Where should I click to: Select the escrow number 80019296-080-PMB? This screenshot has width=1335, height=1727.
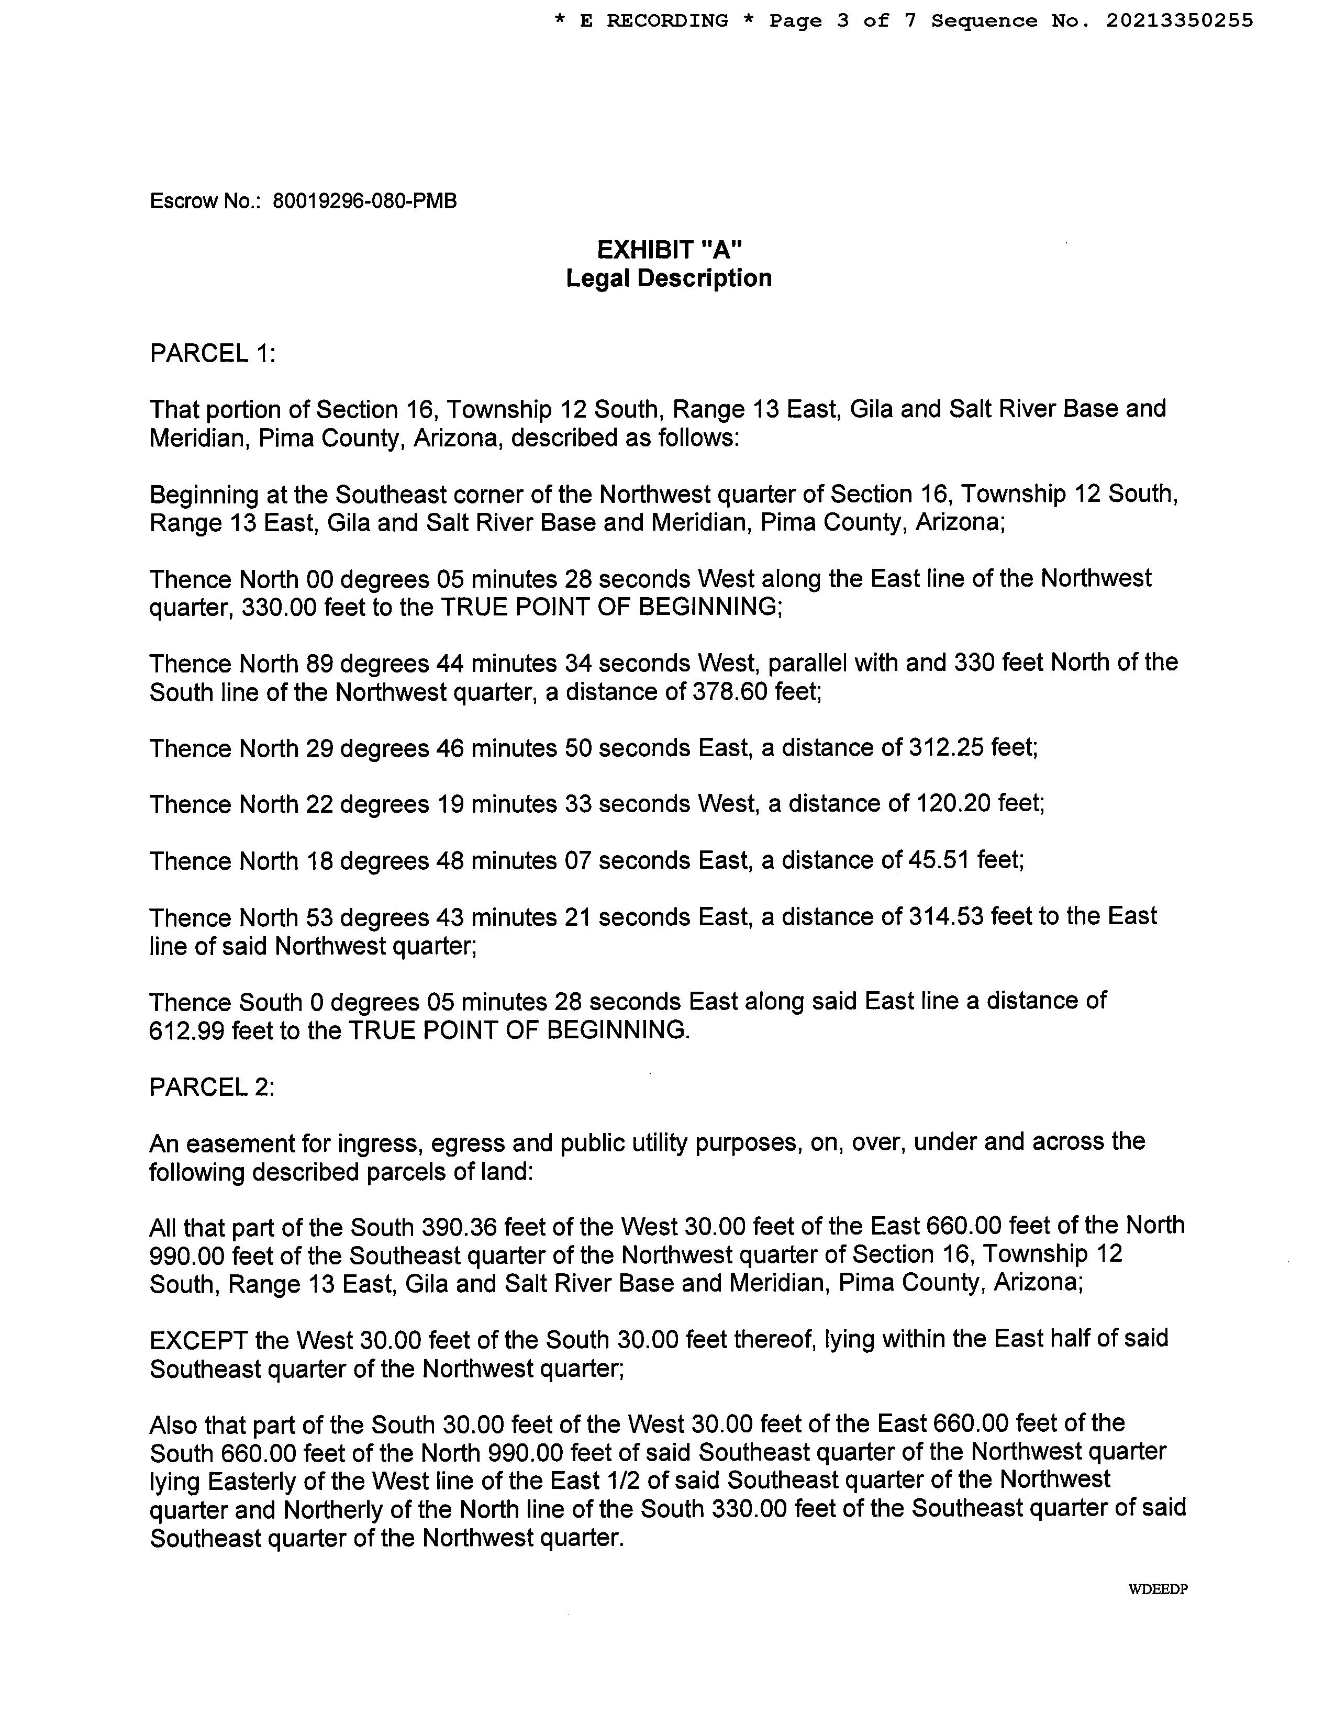pyautogui.click(x=364, y=201)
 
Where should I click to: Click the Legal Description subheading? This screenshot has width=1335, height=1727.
pyautogui.click(x=669, y=278)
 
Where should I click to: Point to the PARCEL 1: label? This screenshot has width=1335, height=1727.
pyautogui.click(x=213, y=353)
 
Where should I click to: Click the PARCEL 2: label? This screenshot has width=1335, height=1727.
pyautogui.click(x=212, y=1087)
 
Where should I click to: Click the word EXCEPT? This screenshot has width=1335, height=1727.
pyautogui.click(x=198, y=1340)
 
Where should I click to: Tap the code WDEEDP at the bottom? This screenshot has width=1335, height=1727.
pyautogui.click(x=1158, y=1589)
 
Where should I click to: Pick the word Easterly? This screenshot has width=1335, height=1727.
pyautogui.click(x=244, y=1481)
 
